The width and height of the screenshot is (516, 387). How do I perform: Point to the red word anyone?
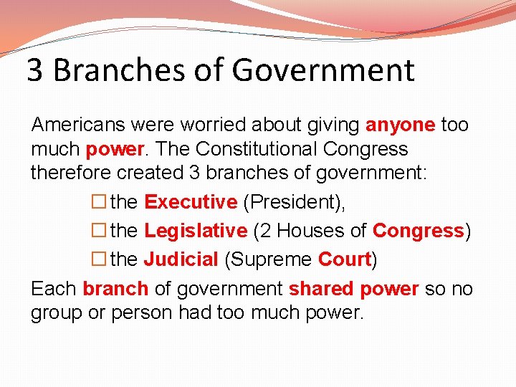(400, 125)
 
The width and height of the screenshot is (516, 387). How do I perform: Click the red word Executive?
(191, 202)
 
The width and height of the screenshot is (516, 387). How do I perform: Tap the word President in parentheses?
(294, 202)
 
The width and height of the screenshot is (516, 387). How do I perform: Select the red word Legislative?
(195, 231)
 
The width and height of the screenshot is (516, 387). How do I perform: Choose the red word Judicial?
(181, 259)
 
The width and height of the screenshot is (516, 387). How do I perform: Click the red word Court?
(344, 259)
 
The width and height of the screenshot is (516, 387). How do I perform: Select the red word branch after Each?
(115, 289)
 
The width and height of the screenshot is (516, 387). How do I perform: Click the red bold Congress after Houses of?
(419, 231)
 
